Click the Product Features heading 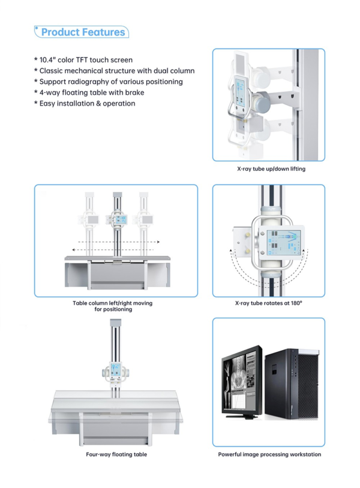(x=83, y=32)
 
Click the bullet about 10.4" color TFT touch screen (x=83, y=60)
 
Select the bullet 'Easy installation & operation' (x=85, y=103)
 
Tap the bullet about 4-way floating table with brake (x=89, y=92)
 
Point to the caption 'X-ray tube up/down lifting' (x=271, y=169)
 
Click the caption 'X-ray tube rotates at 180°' (x=268, y=303)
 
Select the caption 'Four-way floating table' (x=116, y=454)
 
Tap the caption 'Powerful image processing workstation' (x=269, y=454)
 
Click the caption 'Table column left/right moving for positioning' (x=113, y=306)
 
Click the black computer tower (x=292, y=384)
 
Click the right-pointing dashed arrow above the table (x=119, y=242)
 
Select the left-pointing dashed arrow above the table (x=113, y=249)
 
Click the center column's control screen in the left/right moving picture (x=119, y=220)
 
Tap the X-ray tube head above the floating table (x=116, y=372)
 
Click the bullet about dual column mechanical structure (x=114, y=71)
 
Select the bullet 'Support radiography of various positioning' (x=109, y=82)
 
